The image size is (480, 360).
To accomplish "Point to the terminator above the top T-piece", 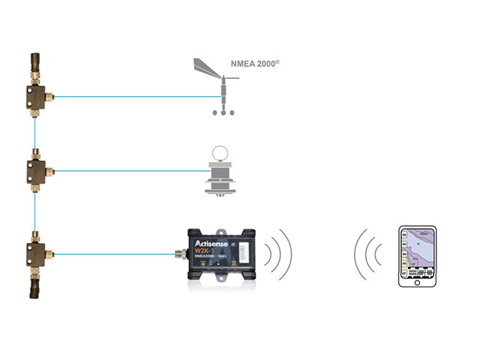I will (x=35, y=63).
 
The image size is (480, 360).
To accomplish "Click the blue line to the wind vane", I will (x=135, y=96).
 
